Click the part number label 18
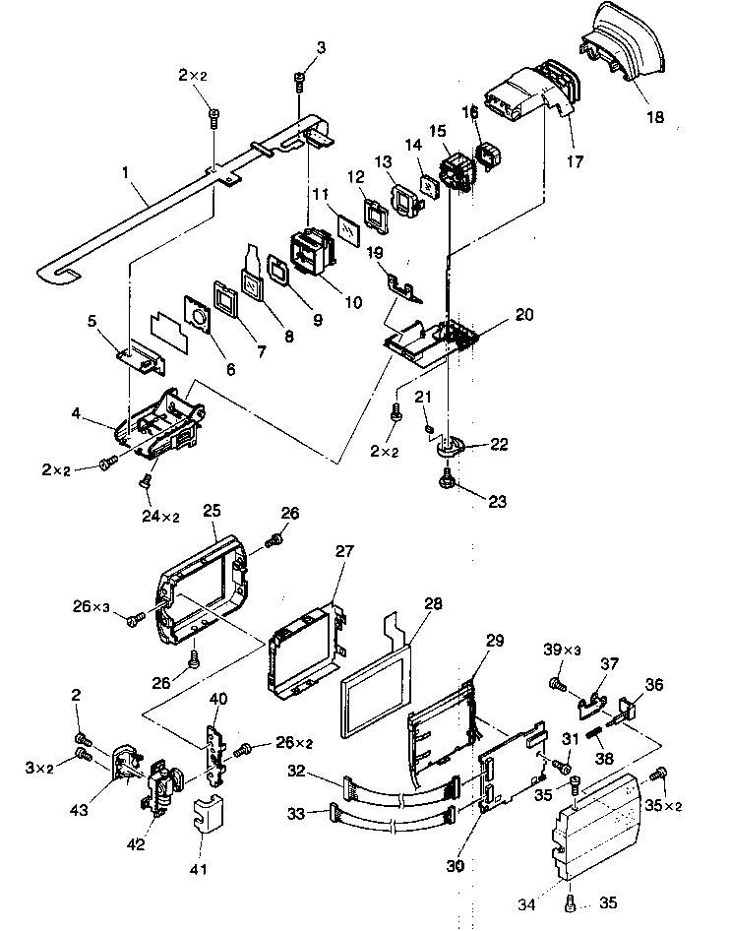pos(655,117)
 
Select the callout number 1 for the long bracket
pos(125,171)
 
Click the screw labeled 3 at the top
pos(299,82)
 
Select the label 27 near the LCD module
pos(342,552)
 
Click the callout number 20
pos(524,316)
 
